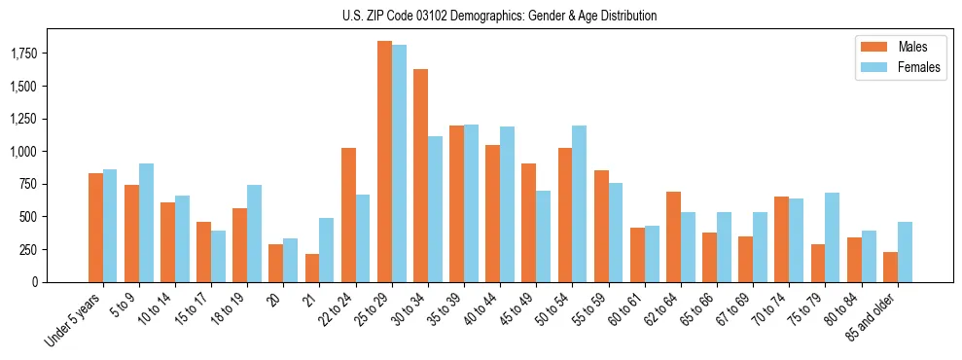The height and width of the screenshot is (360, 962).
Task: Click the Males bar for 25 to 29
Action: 384,162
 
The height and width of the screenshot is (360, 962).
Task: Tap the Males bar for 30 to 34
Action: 420,175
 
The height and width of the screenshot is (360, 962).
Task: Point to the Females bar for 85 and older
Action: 905,252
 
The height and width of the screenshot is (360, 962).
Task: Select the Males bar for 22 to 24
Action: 348,215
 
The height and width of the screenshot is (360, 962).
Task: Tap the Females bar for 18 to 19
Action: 254,234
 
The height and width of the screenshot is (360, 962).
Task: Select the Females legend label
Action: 919,67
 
